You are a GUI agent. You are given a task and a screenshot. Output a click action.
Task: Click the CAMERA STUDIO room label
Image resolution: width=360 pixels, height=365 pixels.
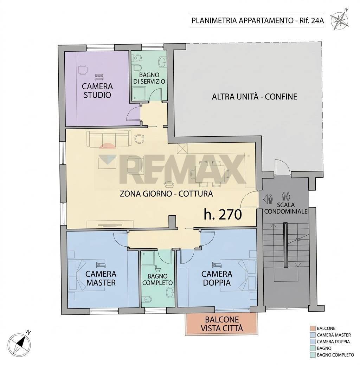[97, 90]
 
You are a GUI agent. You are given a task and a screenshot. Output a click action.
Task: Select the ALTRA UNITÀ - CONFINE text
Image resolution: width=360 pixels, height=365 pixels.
[254, 96]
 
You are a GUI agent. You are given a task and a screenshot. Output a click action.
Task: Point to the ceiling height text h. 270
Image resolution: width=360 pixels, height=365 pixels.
[223, 214]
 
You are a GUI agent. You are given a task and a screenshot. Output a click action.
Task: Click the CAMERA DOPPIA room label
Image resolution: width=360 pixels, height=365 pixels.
[217, 278]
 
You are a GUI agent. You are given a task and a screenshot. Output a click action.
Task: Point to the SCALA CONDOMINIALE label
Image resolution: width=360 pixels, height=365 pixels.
[285, 208]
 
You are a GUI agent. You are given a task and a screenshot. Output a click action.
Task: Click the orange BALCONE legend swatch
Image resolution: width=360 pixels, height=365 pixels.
[312, 328]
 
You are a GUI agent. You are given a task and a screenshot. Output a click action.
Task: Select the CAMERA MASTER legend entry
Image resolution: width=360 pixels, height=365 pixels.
[333, 335]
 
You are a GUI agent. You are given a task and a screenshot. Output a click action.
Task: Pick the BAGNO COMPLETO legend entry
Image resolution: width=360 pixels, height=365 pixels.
[335, 355]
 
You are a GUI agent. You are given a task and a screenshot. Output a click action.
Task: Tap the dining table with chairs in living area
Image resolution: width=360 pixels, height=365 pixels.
[210, 173]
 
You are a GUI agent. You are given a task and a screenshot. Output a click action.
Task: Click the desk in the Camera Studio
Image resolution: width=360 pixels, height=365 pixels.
[82, 70]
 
